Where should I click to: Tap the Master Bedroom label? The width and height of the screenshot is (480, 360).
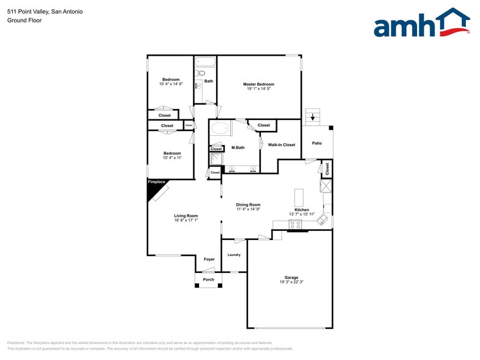click(x=258, y=84)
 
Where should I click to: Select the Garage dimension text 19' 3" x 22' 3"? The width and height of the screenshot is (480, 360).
click(x=291, y=282)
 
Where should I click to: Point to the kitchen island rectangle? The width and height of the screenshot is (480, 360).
click(x=299, y=197)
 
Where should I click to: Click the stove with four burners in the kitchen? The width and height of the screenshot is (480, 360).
click(x=296, y=225)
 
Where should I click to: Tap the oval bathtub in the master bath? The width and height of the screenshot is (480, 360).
click(x=220, y=129)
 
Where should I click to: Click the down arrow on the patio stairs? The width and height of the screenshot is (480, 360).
click(x=313, y=116)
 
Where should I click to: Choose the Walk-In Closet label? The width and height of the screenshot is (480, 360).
click(x=281, y=145)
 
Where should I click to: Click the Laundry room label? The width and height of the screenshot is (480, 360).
click(x=234, y=255)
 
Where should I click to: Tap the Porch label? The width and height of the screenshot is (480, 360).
click(x=209, y=280)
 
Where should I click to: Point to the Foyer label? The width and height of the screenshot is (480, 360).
click(x=209, y=260)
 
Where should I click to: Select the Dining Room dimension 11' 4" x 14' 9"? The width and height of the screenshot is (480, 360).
click(x=249, y=209)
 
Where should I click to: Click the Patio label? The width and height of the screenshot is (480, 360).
click(x=317, y=143)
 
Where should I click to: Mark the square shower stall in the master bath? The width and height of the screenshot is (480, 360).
click(x=216, y=159)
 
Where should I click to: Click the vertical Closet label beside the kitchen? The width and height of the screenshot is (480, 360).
click(x=328, y=168)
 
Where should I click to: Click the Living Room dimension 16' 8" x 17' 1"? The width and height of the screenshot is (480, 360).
click(x=186, y=221)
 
